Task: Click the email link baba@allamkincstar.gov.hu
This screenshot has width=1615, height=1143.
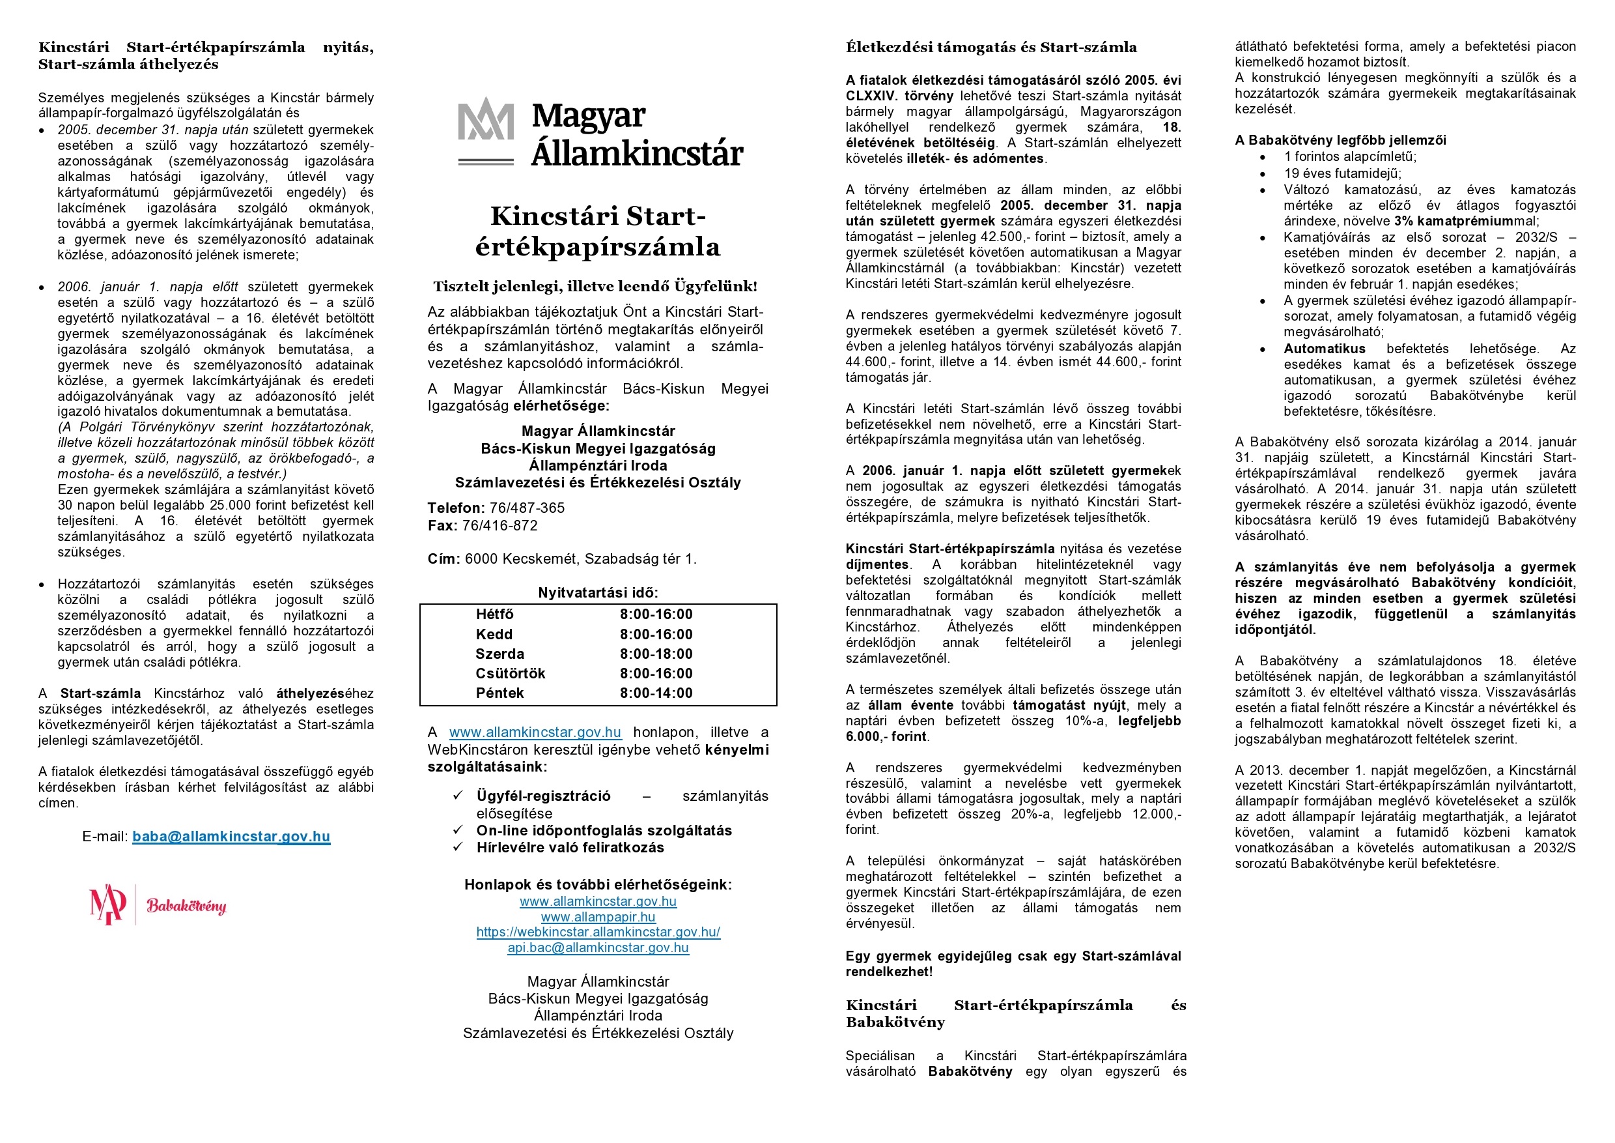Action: pyautogui.click(x=231, y=836)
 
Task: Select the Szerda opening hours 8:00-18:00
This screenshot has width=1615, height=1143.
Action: pyautogui.click(x=656, y=654)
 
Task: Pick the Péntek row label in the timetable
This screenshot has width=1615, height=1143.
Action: pyautogui.click(x=499, y=693)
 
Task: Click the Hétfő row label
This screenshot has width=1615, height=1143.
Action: pyautogui.click(x=494, y=615)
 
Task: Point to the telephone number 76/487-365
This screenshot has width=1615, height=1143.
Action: pyautogui.click(x=527, y=508)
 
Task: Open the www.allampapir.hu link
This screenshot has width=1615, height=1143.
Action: pyautogui.click(x=598, y=917)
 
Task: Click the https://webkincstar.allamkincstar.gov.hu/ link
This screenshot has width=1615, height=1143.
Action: pyautogui.click(x=598, y=932)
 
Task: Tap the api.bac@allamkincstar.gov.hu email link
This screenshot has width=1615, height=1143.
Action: pyautogui.click(x=598, y=948)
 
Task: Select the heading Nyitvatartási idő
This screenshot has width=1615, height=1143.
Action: pyautogui.click(x=598, y=592)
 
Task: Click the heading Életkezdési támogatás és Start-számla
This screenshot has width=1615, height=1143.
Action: pyautogui.click(x=991, y=48)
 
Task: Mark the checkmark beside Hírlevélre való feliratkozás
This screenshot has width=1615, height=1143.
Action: pyautogui.click(x=458, y=847)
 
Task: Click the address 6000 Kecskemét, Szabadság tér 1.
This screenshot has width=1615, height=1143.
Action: pyautogui.click(x=580, y=559)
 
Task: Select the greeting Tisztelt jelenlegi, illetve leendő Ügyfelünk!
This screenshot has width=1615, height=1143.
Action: pyautogui.click(x=595, y=287)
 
